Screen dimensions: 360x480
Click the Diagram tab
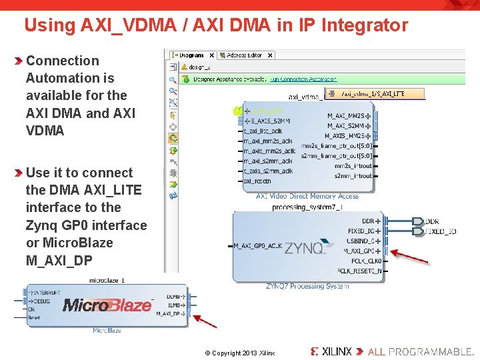pyautogui.click(x=193, y=55)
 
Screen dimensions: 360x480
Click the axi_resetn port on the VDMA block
pyautogui.click(x=257, y=181)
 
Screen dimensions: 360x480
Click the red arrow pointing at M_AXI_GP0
pyautogui.click(x=409, y=257)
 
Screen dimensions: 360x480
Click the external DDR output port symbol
pyautogui.click(x=418, y=221)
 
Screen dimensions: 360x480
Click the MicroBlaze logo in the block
pyautogui.click(x=107, y=305)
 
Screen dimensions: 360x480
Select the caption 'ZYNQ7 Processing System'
pyautogui.click(x=307, y=286)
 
